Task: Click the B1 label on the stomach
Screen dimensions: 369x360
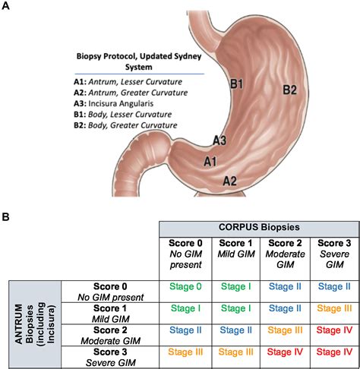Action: [x=237, y=84]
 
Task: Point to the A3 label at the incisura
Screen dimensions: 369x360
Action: [x=219, y=140]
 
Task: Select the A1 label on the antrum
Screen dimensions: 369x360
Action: [x=211, y=161]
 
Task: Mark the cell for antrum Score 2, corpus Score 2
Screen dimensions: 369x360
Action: [x=283, y=330]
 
